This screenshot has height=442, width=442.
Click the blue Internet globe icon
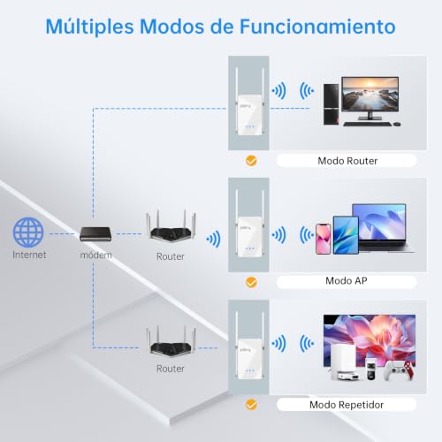[28, 232]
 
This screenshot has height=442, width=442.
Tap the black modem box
[95, 234]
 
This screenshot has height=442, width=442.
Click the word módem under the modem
[96, 255]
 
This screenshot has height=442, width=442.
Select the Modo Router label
[347, 161]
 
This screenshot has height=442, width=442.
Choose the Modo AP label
[347, 281]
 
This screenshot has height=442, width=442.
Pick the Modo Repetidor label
[347, 405]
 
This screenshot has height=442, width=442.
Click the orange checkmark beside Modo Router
[251, 161]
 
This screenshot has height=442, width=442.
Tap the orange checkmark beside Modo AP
[251, 282]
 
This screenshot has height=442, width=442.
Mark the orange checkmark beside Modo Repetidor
[251, 405]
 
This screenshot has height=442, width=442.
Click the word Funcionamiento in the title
[317, 27]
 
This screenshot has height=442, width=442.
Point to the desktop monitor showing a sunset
[370, 97]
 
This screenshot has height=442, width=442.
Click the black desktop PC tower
[331, 104]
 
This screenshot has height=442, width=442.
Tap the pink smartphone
[323, 239]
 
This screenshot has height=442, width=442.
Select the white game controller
[400, 370]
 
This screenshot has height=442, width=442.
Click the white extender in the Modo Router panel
[249, 115]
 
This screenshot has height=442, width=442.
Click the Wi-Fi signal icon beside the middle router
[214, 239]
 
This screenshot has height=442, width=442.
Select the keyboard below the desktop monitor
[368, 124]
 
